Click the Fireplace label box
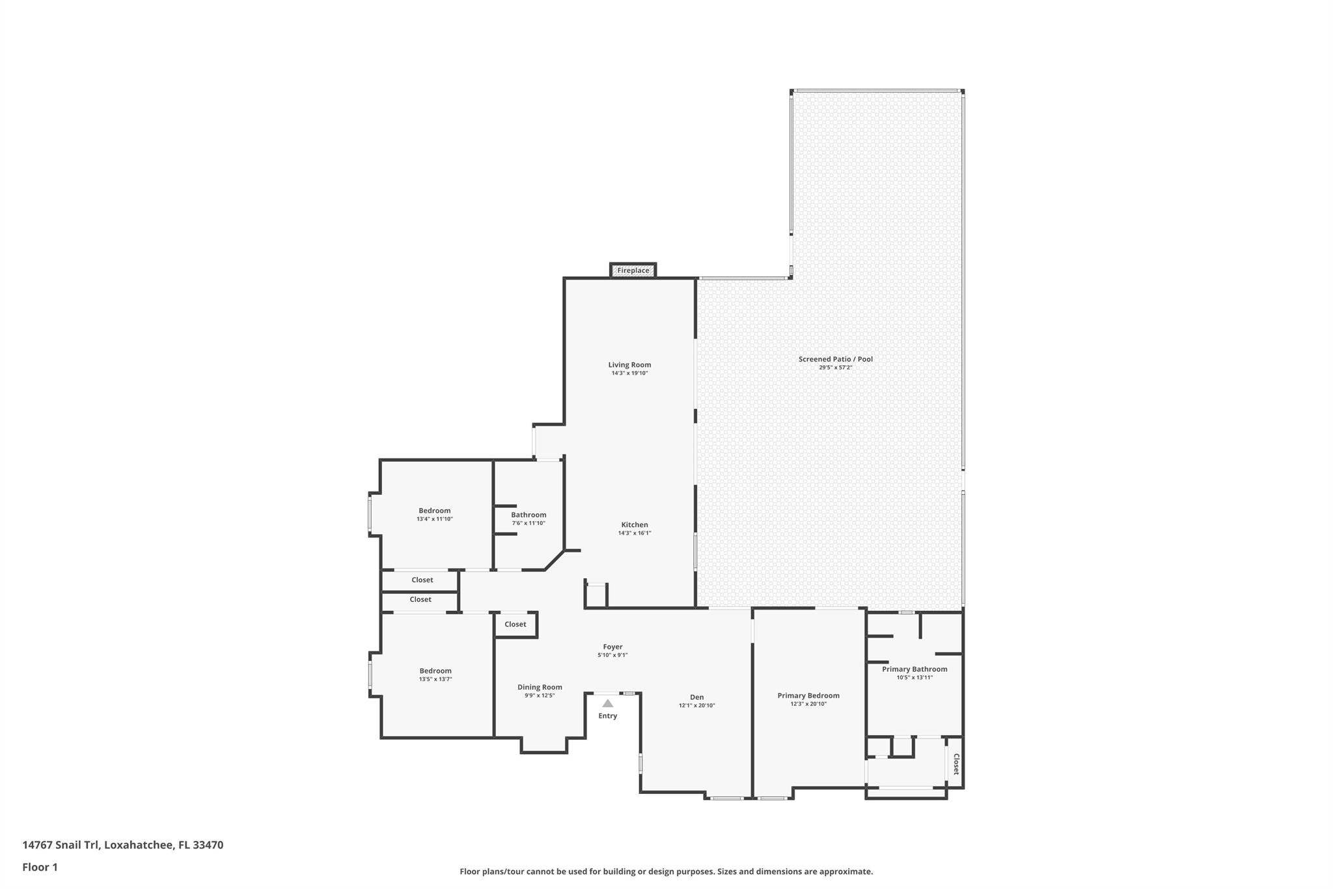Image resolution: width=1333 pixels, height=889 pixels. click(x=633, y=270)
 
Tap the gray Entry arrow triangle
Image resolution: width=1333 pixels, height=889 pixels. click(x=607, y=703)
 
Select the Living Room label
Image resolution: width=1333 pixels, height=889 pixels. click(x=629, y=365)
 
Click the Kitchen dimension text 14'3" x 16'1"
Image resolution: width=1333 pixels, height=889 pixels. click(x=634, y=533)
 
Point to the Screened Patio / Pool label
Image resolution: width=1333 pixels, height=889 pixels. click(x=835, y=359)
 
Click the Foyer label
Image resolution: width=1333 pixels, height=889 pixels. click(x=612, y=647)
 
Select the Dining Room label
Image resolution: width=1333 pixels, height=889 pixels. click(x=540, y=687)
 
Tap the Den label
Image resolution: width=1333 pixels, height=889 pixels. click(x=696, y=697)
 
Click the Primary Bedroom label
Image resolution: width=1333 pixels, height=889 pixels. click(x=808, y=696)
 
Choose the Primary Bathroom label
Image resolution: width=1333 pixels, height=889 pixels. click(x=914, y=669)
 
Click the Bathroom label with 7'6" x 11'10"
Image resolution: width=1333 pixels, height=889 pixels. click(x=528, y=515)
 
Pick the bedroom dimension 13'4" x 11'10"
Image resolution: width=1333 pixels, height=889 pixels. click(x=434, y=519)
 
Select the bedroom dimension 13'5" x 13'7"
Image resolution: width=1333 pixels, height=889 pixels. click(x=435, y=679)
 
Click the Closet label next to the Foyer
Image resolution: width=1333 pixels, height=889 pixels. click(x=515, y=624)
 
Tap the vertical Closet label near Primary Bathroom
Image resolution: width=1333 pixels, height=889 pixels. click(x=955, y=764)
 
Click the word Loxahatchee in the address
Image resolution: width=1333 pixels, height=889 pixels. click(x=138, y=845)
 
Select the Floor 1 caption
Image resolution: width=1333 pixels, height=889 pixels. click(x=40, y=867)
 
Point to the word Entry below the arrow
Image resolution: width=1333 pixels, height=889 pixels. click(x=607, y=716)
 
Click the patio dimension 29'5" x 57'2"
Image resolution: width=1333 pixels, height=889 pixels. click(x=835, y=367)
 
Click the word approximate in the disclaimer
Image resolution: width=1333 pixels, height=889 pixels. click(x=845, y=871)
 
